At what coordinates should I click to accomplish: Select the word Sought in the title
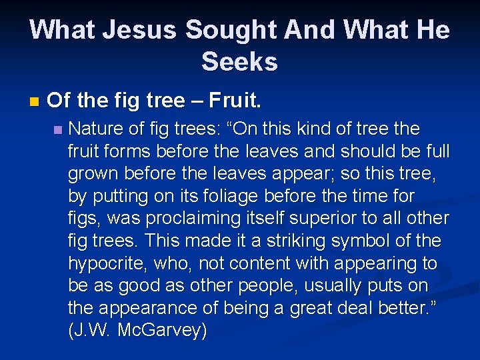pos(229,29)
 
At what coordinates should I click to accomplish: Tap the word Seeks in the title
pos(239,62)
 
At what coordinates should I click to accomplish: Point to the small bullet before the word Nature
pos(58,129)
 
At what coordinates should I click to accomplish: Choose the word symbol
pos(373,241)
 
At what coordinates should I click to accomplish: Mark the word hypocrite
pos(108,264)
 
